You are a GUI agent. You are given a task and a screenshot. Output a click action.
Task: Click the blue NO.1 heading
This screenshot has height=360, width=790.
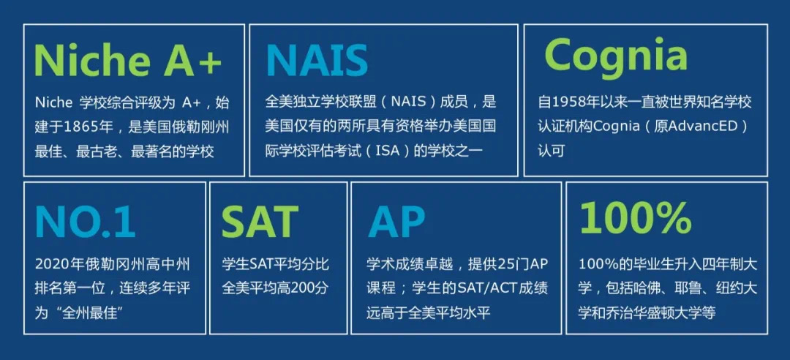click(x=85, y=221)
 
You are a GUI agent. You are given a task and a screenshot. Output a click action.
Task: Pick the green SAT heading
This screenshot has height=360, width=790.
click(x=260, y=221)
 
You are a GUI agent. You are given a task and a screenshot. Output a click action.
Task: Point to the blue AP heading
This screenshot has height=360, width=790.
click(x=396, y=221)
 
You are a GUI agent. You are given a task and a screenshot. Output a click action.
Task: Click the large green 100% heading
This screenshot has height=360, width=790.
click(x=636, y=218)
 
